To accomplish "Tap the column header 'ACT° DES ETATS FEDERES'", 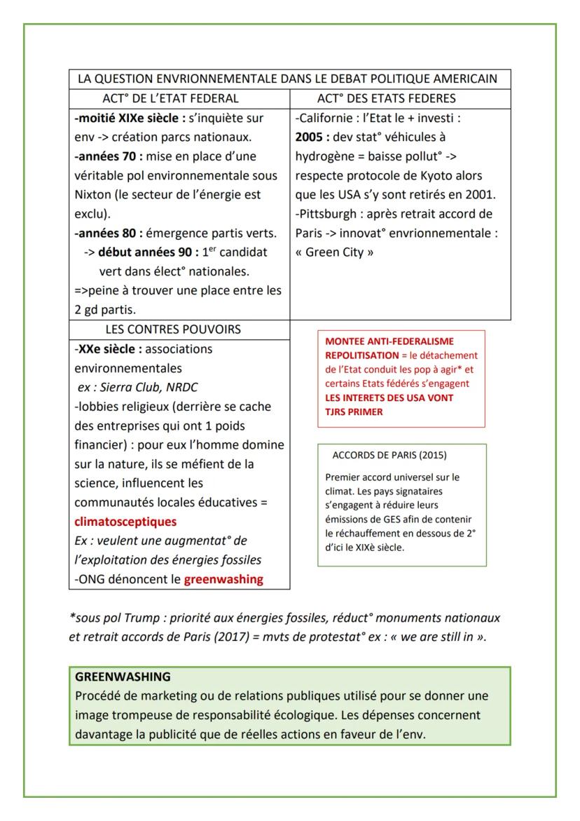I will tap(396, 98).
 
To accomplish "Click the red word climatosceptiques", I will tap(125, 522).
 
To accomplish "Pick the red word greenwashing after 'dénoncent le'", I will tap(223, 579).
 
